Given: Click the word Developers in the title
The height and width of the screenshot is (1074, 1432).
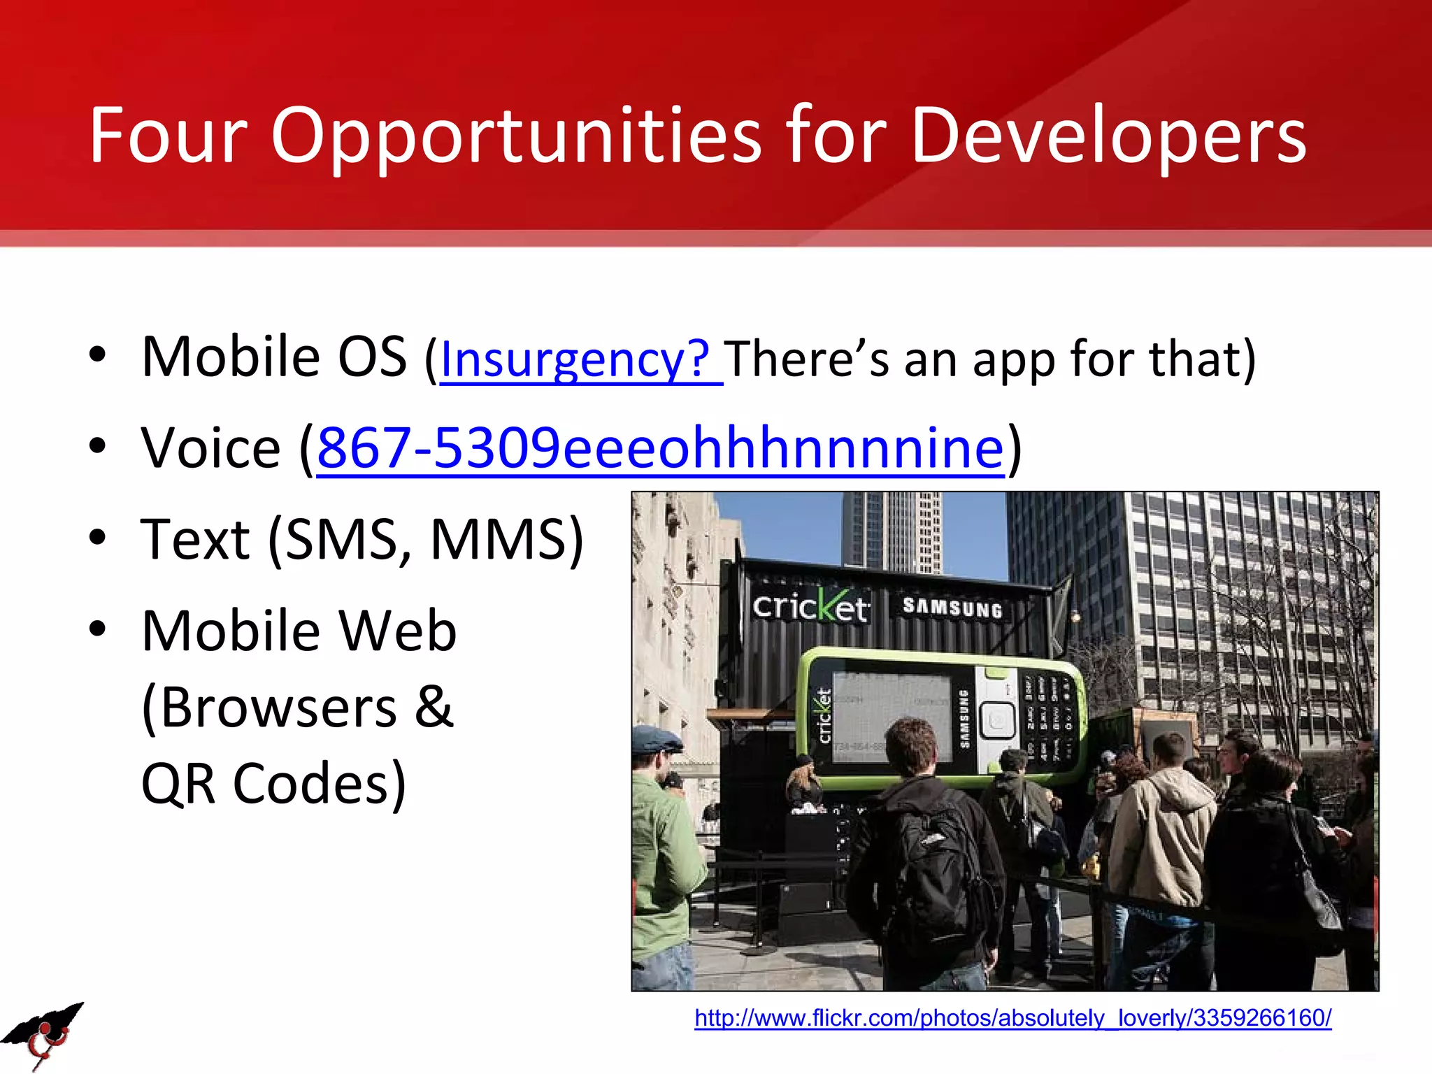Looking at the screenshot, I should (1108, 136).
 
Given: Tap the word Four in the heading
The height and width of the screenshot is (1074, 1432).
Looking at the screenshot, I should (168, 136).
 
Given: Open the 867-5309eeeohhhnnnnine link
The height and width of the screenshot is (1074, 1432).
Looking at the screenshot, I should (660, 448).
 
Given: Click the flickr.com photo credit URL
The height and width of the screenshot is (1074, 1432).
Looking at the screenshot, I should (1012, 1017).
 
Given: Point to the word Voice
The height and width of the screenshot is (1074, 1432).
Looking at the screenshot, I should (210, 448).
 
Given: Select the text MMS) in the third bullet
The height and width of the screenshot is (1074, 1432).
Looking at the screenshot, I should (506, 540).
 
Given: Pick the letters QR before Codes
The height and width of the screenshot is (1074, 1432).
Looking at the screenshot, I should (178, 784).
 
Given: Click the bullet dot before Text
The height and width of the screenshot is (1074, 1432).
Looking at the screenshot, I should (98, 538).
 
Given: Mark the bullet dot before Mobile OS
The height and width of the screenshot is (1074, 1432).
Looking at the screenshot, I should (98, 355).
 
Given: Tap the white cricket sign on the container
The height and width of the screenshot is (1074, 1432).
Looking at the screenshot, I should (810, 606).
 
